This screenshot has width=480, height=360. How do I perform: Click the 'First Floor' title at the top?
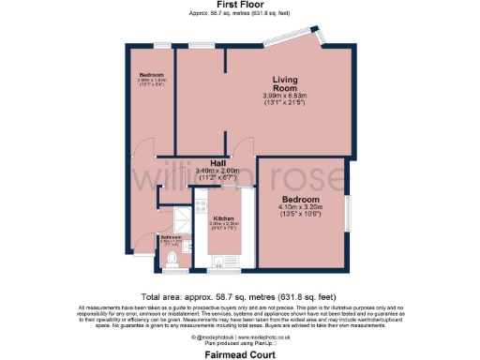240,6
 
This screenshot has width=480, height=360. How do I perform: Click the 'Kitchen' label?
211,217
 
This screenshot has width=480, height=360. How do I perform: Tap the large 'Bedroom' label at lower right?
301,200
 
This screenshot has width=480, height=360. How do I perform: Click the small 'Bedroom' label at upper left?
152,75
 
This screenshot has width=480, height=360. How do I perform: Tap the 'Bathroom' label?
171,237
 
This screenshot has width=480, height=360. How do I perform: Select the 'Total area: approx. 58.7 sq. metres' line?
240,294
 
